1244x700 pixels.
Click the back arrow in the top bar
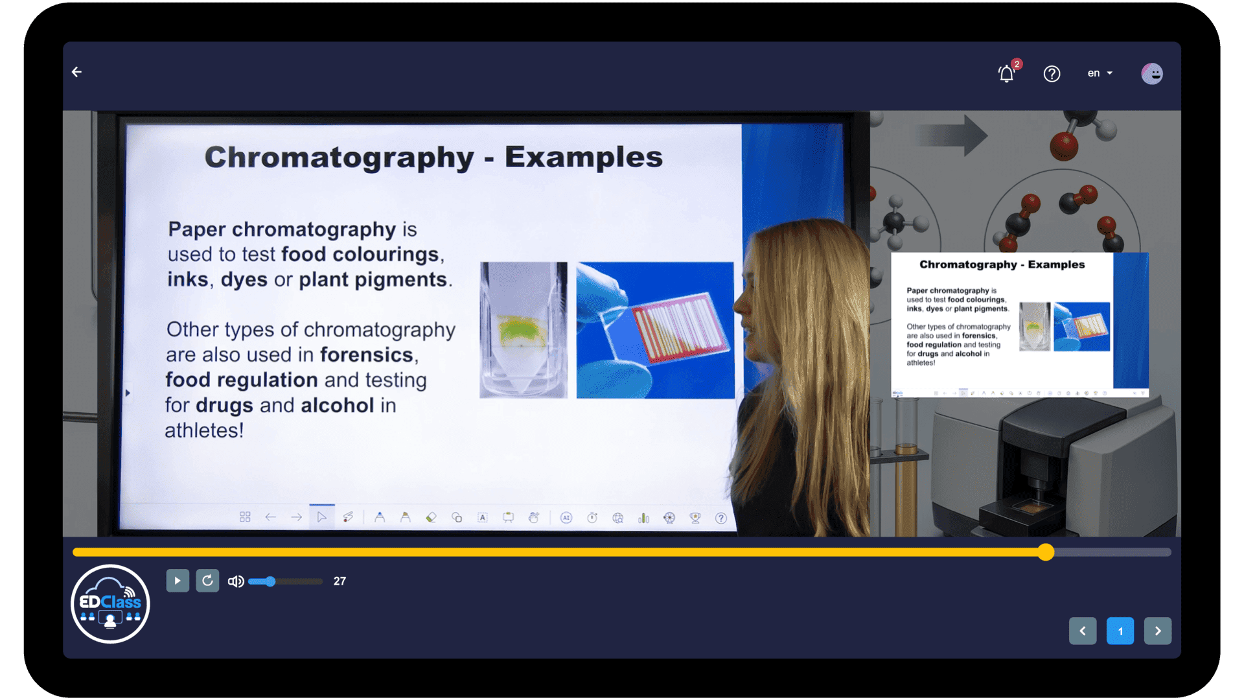pos(76,72)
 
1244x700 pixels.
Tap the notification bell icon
pos(1007,73)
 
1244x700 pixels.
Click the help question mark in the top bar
pos(1052,74)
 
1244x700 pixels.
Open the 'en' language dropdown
pos(1100,73)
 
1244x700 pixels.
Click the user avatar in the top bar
pos(1152,73)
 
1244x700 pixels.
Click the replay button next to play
pos(207,581)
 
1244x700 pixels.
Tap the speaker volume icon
pos(236,581)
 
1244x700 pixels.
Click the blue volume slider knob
pos(270,581)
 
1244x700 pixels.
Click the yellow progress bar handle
pos(1046,552)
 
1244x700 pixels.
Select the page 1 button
pos(1120,631)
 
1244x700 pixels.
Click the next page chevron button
pos(1158,631)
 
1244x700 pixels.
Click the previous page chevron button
pos(1083,631)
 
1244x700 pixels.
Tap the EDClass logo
pos(110,604)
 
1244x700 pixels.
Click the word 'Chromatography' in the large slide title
pos(340,157)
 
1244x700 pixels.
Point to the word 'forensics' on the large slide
pos(367,355)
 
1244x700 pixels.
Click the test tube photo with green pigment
pos(524,330)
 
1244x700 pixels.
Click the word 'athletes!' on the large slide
pos(204,430)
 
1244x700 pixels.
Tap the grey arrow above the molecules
pos(949,135)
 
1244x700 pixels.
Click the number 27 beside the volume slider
pos(340,581)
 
